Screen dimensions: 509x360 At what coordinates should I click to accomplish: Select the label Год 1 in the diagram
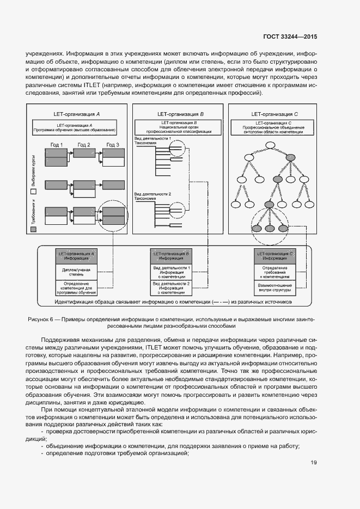pyautogui.click(x=57, y=144)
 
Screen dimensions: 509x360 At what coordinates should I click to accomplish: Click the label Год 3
pyautogui.click(x=113, y=144)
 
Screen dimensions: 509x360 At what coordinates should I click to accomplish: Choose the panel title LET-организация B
pyautogui.click(x=180, y=114)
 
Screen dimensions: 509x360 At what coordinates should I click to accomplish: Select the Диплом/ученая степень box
pyautogui.click(x=77, y=272)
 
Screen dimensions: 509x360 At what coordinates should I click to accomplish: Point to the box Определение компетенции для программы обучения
pyautogui.click(x=77, y=287)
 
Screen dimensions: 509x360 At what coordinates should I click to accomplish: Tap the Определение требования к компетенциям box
pyautogui.click(x=274, y=272)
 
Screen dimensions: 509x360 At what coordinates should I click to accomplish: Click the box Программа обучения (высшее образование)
pyautogui.click(x=75, y=128)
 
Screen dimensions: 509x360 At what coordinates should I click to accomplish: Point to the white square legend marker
pyautogui.click(x=33, y=192)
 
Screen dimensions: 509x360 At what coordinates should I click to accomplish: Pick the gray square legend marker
pyautogui.click(x=33, y=230)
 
